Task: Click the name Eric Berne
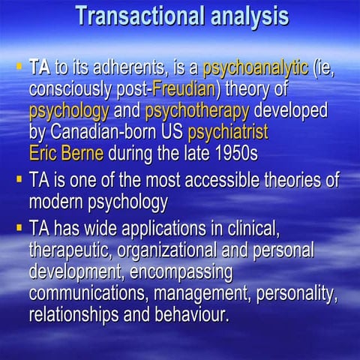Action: [x=67, y=156]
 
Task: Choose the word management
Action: [x=203, y=292]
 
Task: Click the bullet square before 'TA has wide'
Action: [x=19, y=226]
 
